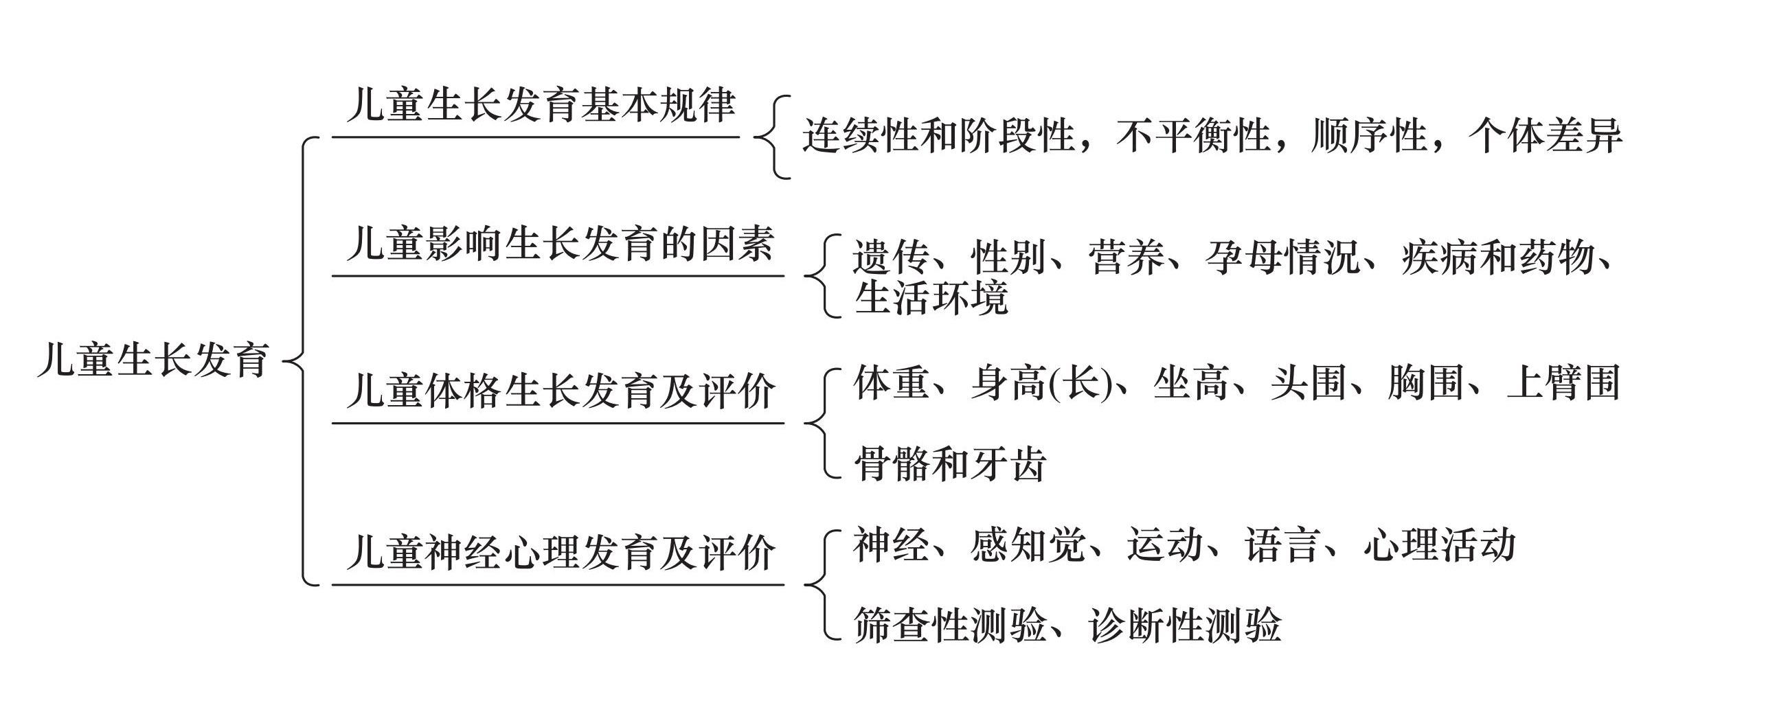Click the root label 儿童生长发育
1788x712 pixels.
click(153, 360)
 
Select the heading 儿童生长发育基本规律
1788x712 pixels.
click(541, 106)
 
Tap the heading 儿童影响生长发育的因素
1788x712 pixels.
click(560, 244)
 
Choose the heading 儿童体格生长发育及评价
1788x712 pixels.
click(560, 391)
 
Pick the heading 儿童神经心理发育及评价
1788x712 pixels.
click(560, 553)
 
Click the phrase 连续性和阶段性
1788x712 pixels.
click(939, 135)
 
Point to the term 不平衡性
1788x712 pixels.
click(1193, 135)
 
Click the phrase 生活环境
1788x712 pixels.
click(931, 299)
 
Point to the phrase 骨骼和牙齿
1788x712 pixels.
click(950, 463)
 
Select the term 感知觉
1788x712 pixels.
click(1028, 544)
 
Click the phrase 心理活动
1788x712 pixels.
click(1440, 544)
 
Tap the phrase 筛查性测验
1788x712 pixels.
click(950, 625)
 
